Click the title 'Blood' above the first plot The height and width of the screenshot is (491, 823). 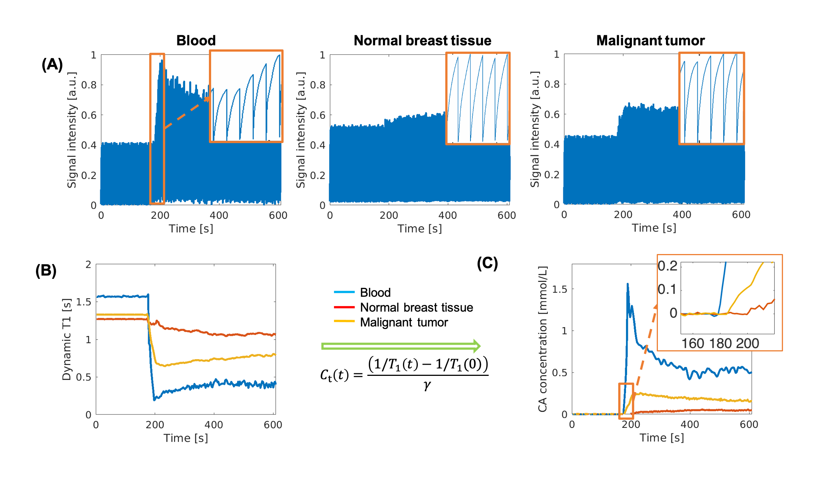[196, 40]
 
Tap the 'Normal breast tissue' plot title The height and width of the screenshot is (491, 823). [422, 40]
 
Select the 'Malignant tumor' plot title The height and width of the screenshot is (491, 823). [650, 40]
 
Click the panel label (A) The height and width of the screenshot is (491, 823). [52, 65]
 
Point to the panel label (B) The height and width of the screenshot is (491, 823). [46, 270]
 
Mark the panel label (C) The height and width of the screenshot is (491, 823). [487, 263]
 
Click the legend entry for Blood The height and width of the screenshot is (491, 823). [375, 293]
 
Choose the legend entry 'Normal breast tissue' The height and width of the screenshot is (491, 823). [416, 308]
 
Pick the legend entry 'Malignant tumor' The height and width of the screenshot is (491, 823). [404, 322]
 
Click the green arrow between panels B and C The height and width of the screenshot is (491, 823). [401, 346]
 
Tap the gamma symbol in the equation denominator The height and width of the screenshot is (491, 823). [427, 385]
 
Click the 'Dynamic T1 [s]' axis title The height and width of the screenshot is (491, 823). [66, 339]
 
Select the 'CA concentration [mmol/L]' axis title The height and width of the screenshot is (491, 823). [542, 339]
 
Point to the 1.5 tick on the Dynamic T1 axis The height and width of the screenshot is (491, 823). [83, 302]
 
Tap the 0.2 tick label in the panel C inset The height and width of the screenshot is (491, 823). [667, 266]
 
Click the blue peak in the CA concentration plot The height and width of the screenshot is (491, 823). [627, 284]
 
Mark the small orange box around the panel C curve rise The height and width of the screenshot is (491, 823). [626, 399]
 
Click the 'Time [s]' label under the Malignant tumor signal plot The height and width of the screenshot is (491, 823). [654, 228]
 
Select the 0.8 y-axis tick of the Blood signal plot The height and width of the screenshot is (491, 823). [89, 85]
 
